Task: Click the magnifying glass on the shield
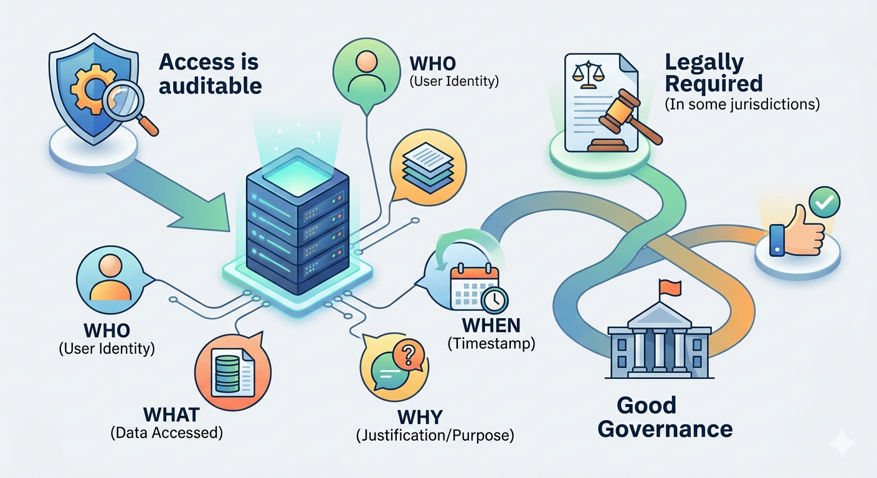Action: [126, 105]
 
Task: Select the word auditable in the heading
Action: [211, 86]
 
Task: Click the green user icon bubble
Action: [366, 72]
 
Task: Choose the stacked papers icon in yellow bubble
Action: [428, 168]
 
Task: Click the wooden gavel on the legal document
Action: [625, 116]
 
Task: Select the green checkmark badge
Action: [824, 202]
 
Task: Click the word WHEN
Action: [491, 326]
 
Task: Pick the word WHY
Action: [420, 418]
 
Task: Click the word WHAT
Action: [171, 415]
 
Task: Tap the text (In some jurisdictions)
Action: [742, 105]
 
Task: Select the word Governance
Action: [665, 429]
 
